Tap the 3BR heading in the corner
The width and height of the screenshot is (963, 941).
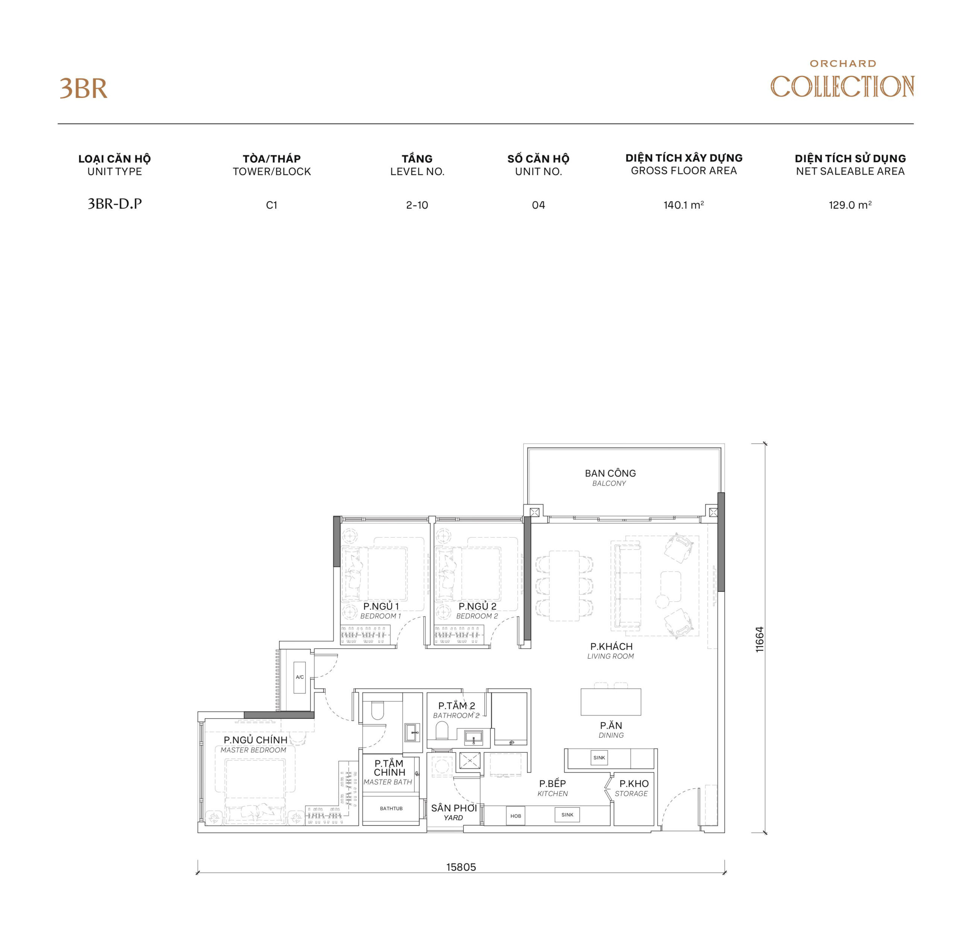(83, 89)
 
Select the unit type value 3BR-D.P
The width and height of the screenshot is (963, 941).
(115, 204)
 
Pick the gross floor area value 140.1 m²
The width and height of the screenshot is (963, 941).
(684, 205)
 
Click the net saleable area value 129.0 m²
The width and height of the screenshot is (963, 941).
(850, 205)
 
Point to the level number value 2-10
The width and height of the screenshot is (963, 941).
(417, 205)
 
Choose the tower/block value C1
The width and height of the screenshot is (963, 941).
(272, 205)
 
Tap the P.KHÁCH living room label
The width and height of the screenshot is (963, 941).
(611, 650)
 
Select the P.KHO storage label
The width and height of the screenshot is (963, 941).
(633, 788)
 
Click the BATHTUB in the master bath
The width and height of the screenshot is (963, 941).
(391, 809)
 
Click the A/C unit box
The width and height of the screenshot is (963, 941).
(300, 677)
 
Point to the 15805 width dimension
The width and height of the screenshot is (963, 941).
(461, 867)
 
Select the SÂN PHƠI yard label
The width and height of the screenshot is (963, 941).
(454, 812)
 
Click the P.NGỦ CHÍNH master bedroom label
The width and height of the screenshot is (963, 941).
(255, 744)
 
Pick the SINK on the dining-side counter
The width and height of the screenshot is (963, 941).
(599, 758)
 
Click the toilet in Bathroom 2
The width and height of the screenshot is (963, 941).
(442, 730)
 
